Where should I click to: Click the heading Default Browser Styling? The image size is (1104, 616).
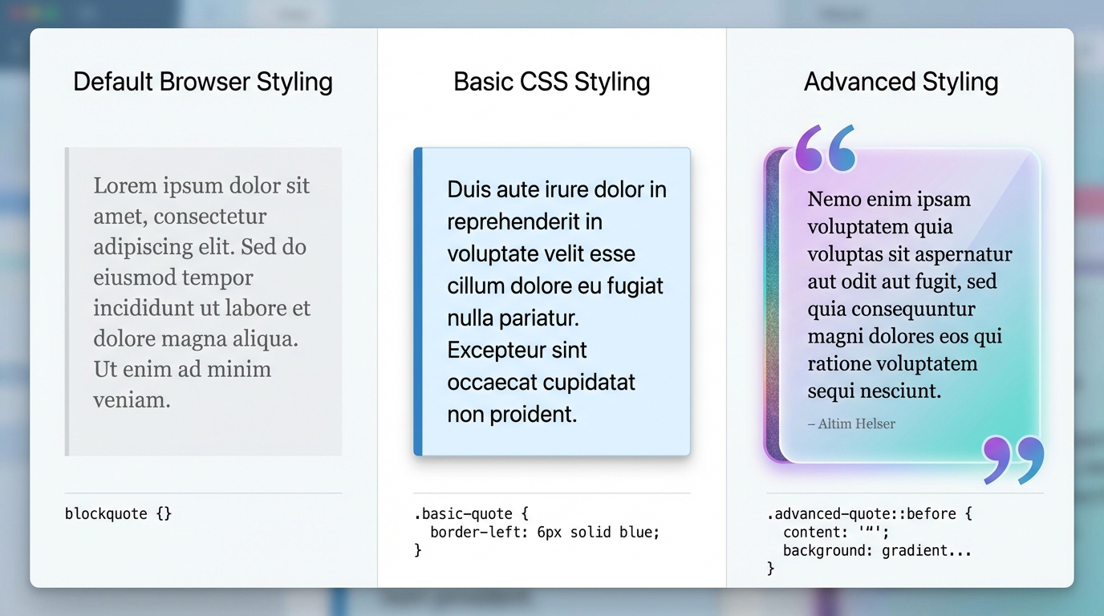tap(202, 82)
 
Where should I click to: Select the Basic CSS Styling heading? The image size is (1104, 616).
tap(551, 82)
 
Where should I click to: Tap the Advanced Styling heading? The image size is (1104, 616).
tap(901, 82)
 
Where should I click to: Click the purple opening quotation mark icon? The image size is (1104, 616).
tap(824, 148)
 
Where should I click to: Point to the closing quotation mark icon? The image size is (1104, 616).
tap(1013, 460)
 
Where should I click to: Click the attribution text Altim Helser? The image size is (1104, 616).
tap(851, 423)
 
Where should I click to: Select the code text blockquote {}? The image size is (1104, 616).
tap(118, 513)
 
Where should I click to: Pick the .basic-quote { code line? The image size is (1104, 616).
tap(471, 513)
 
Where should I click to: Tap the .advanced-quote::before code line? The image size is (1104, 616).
tap(869, 513)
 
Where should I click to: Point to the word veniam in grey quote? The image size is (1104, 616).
tap(132, 399)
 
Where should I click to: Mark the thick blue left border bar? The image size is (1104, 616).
tap(418, 302)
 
